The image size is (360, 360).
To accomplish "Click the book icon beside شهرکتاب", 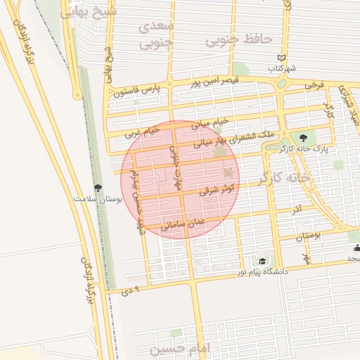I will pos(282,58).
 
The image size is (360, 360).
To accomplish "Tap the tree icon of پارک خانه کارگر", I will pos(303,138).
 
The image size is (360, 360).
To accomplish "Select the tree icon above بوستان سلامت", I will pos(98,188).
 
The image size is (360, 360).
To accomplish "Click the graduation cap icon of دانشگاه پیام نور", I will pos(262,260).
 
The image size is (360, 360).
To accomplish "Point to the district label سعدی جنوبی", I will pos(155,35).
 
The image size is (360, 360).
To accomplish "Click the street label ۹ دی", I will pos(132,289).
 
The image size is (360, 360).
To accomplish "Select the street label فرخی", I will pos(314,84).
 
